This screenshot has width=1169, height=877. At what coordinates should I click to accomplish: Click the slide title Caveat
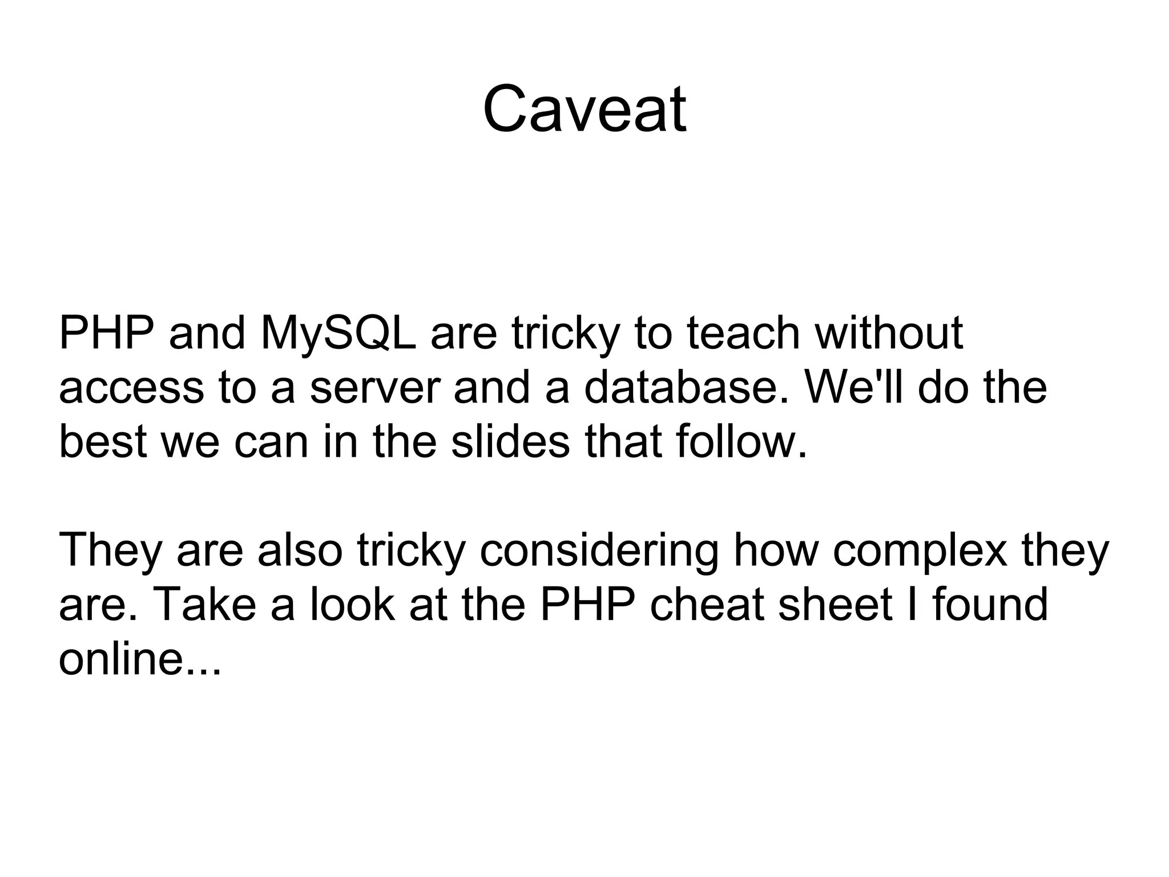[x=584, y=109]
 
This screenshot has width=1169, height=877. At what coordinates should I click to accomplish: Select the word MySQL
[x=338, y=333]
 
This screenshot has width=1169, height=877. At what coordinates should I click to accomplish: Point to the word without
[x=889, y=333]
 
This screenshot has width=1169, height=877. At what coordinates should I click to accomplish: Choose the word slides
[x=510, y=442]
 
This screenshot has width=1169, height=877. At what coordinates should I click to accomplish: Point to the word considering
[x=599, y=551]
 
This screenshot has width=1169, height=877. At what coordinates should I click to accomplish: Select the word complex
[x=920, y=551]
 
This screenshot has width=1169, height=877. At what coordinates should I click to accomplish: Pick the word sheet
[x=836, y=605]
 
